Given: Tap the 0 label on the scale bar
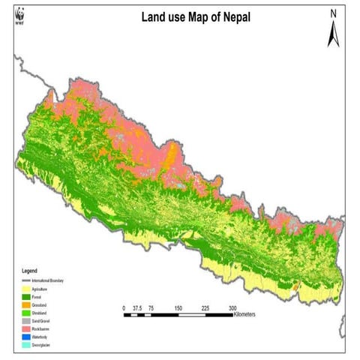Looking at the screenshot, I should pyautogui.click(x=124, y=307).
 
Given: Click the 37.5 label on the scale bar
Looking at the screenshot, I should pyautogui.click(x=137, y=307).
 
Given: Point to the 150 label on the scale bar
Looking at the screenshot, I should pyautogui.click(x=178, y=307).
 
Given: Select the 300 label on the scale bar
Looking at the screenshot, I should pyautogui.click(x=233, y=307).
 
